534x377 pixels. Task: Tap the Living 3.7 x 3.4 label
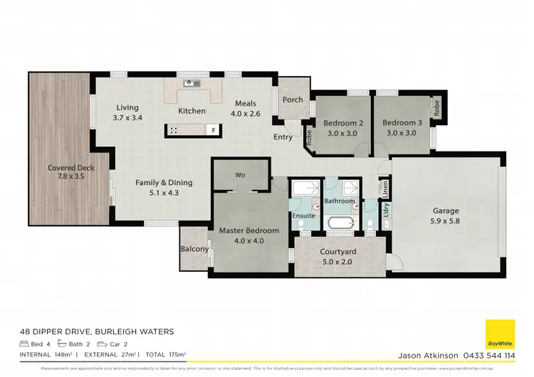(x=128, y=112)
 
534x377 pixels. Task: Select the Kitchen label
(x=192, y=111)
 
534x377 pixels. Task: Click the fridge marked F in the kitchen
(x=211, y=130)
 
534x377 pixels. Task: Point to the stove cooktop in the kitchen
(x=174, y=130)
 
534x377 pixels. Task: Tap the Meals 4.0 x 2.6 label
(x=246, y=107)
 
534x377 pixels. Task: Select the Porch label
(x=293, y=100)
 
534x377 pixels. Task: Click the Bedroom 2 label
(x=343, y=127)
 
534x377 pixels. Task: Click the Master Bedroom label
(x=248, y=235)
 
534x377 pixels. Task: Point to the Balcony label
(x=194, y=249)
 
